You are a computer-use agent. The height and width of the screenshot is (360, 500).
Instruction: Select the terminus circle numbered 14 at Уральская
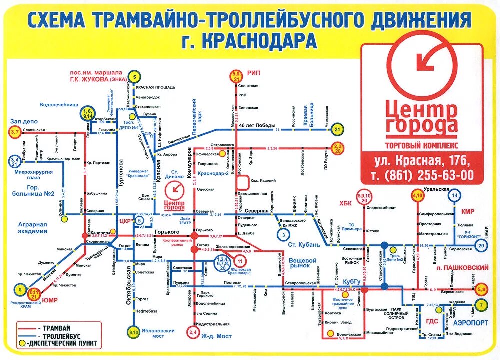454,196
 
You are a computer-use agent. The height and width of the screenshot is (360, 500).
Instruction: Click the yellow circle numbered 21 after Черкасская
337,130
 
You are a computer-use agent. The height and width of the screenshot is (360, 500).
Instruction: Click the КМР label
468,211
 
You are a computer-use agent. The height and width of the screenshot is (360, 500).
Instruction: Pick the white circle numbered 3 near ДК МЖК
283,235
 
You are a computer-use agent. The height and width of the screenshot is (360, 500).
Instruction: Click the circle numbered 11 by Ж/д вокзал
239,261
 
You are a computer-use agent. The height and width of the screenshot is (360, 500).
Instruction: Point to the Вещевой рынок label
302,263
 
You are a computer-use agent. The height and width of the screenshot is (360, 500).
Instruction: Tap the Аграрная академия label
32,228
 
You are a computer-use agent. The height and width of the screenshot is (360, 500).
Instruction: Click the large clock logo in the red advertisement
421,60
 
